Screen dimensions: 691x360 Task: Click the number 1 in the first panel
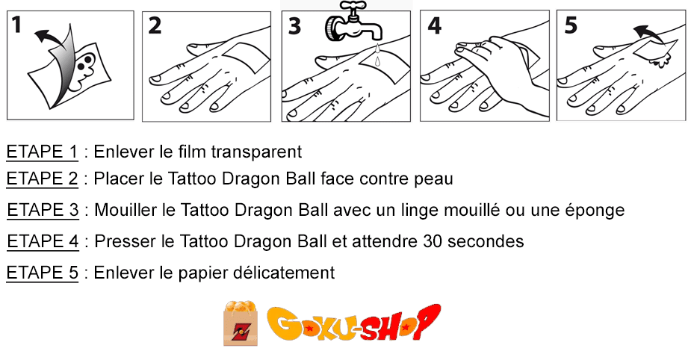coord(16,25)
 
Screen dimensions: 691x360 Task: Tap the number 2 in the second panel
coord(154,25)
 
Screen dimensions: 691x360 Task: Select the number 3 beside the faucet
coord(294,26)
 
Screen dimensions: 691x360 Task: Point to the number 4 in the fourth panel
coord(435,25)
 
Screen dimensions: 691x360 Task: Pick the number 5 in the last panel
coord(571,25)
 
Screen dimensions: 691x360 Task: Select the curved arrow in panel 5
coord(648,34)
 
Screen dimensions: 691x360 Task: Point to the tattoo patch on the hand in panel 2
coord(246,58)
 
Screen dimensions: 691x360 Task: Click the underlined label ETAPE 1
coord(42,152)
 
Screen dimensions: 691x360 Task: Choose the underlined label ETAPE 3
coord(43,210)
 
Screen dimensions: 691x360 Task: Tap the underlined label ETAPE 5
coord(43,273)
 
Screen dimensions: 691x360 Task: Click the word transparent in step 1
coord(256,152)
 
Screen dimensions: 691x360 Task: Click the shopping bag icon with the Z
coord(241,323)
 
